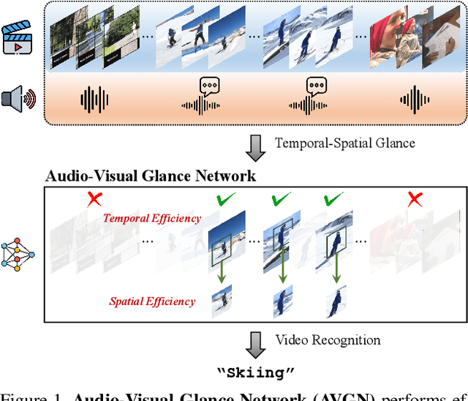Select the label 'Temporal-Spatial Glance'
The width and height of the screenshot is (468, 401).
pos(344,143)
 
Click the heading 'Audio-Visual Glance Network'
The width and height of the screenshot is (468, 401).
pos(151,176)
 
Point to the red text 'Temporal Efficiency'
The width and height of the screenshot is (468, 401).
pos(151,217)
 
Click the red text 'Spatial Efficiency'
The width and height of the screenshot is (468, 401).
pos(152,301)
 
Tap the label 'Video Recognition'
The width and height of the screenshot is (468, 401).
pos(328,340)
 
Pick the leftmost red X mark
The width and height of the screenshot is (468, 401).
pos(94,199)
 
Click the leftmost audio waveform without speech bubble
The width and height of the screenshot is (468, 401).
pos(94,100)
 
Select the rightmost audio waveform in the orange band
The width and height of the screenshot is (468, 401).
pos(415,100)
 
